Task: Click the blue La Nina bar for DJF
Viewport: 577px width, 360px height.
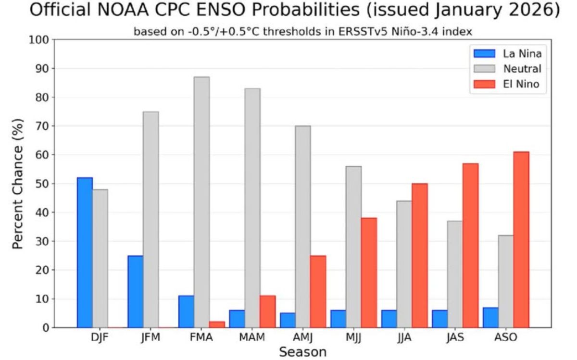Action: pyautogui.click(x=85, y=252)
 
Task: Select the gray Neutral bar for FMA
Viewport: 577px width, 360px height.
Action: pyautogui.click(x=201, y=202)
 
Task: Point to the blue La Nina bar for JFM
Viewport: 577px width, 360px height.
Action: pyautogui.click(x=136, y=291)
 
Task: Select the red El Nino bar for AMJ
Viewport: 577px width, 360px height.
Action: pyautogui.click(x=318, y=291)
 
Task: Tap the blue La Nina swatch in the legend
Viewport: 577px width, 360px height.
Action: pyautogui.click(x=481, y=53)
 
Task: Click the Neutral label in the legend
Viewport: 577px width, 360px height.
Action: pyautogui.click(x=522, y=69)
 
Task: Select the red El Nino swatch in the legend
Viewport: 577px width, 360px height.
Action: pyautogui.click(x=481, y=84)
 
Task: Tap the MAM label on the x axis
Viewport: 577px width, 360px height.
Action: pyautogui.click(x=252, y=337)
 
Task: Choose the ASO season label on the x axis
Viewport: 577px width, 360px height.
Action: pyautogui.click(x=506, y=337)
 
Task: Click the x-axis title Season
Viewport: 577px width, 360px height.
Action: pyautogui.click(x=303, y=351)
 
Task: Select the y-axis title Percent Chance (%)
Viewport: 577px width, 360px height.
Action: pyautogui.click(x=18, y=184)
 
